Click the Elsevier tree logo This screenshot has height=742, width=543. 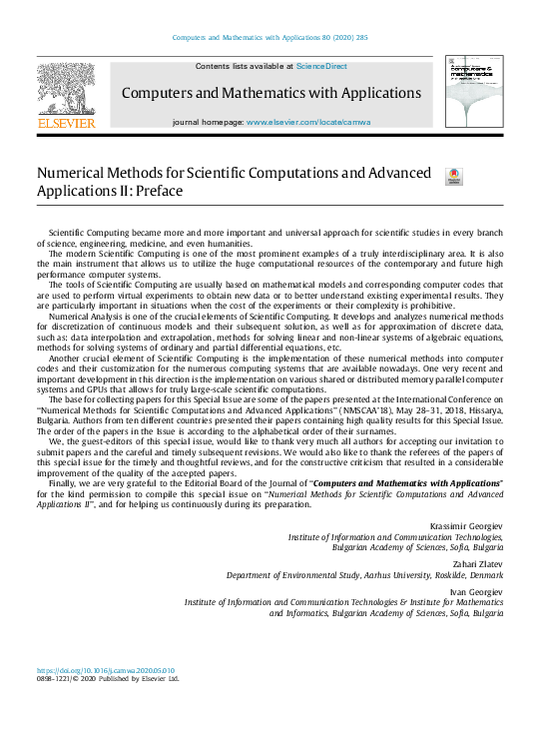tap(67, 89)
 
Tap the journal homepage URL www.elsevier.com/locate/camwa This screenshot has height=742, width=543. tap(308, 121)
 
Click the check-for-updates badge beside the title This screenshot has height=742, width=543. tap(452, 176)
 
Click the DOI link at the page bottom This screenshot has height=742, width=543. tap(106, 670)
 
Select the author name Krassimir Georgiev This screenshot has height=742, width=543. tap(467, 524)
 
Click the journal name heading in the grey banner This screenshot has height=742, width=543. tap(271, 93)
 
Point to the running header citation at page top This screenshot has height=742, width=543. tap(271, 38)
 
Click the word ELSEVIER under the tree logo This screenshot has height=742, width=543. tap(67, 123)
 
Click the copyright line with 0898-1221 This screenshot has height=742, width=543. tap(108, 679)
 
